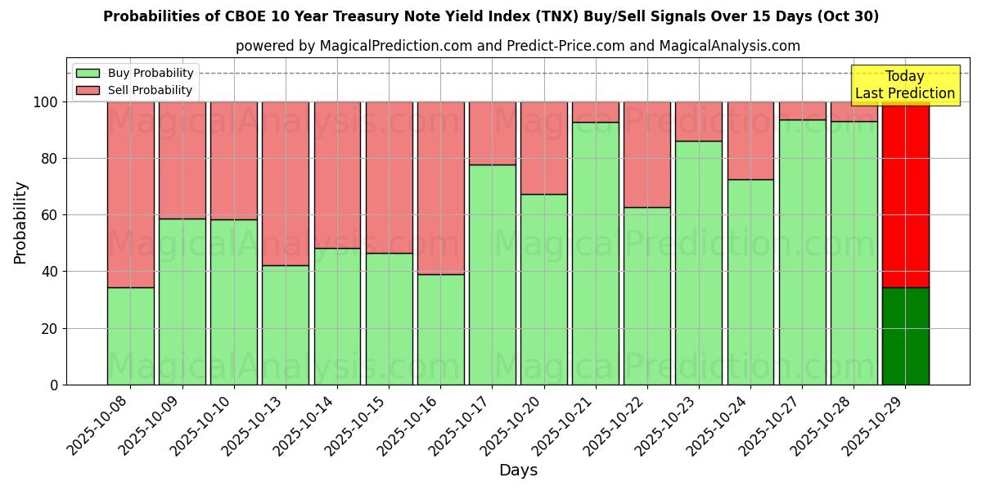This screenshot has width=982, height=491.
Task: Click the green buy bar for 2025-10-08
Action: pos(130,336)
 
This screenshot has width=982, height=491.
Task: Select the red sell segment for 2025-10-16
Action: pos(441,188)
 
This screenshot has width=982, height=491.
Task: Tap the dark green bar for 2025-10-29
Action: pos(905,336)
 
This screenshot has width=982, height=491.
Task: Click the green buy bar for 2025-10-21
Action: pos(596,254)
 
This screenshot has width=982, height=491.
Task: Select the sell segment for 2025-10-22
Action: pos(647,155)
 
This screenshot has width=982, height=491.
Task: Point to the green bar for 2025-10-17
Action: pos(493,274)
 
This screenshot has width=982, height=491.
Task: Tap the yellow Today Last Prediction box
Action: pos(905,85)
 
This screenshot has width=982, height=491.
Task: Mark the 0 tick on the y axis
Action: pos(54,385)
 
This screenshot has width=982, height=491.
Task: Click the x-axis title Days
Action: pos(518,471)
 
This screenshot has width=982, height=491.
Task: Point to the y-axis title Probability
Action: pos(20,223)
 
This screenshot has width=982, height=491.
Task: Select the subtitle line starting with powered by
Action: pos(518,46)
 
